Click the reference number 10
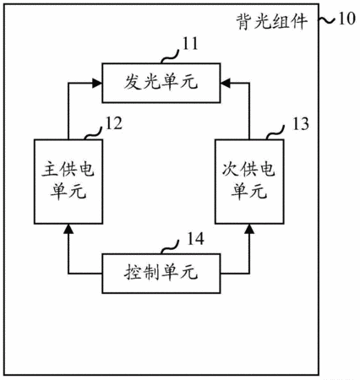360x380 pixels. [x=346, y=19]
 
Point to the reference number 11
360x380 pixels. [x=190, y=44]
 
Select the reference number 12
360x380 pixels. [x=113, y=123]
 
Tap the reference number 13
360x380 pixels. [x=301, y=124]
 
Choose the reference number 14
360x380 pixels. [x=195, y=239]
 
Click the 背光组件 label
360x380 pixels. [x=271, y=22]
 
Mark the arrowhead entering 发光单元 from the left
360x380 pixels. [x=97, y=83]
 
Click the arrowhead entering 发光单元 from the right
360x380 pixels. [x=226, y=83]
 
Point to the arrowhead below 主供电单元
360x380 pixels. [x=68, y=229]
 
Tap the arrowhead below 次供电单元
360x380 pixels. [x=249, y=229]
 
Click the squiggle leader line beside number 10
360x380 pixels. [x=327, y=19]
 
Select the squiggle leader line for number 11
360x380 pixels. [x=170, y=57]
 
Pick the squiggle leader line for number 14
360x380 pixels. [x=170, y=247]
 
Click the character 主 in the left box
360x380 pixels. [x=50, y=170]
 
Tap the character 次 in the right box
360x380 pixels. [x=231, y=170]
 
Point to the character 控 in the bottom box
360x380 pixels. [x=133, y=273]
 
